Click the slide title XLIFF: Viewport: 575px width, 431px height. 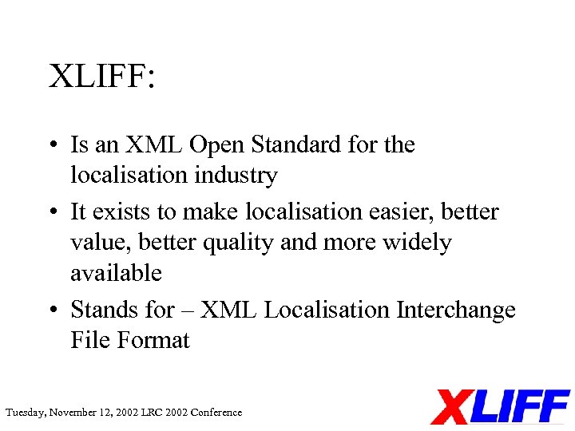[x=102, y=77]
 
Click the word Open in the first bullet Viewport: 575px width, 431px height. [x=217, y=145]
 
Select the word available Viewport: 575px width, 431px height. [x=116, y=273]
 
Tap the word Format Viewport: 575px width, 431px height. [x=153, y=340]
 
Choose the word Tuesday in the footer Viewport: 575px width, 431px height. [x=25, y=413]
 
